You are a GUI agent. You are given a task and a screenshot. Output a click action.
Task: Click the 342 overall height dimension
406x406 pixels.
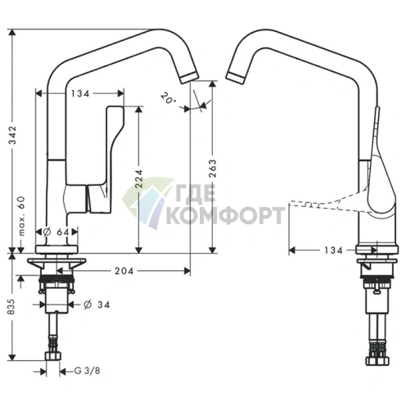(12, 135)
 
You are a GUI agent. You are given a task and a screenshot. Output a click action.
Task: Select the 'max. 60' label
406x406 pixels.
(21, 216)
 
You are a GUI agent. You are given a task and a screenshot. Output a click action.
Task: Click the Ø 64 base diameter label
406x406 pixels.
(56, 232)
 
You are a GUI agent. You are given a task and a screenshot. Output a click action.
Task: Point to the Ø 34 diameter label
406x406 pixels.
(97, 304)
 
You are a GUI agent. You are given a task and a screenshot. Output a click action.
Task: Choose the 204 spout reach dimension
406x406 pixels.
(124, 271)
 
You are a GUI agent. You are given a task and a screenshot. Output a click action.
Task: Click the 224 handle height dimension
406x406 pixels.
(139, 179)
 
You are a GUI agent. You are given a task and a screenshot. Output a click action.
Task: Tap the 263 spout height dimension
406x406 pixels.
(213, 169)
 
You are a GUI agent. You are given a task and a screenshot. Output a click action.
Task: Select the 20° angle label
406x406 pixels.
(168, 98)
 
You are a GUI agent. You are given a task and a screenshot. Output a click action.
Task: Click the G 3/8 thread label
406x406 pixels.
(87, 371)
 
